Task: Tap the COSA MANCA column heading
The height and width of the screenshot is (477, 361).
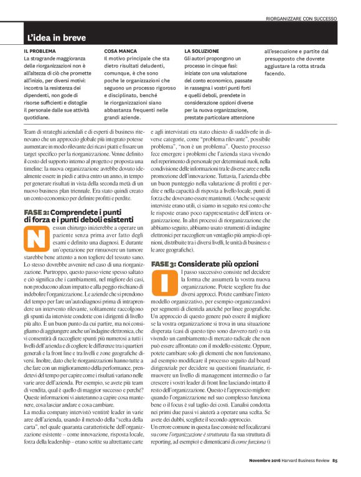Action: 121,50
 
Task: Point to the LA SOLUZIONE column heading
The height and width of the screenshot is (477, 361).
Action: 202,50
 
